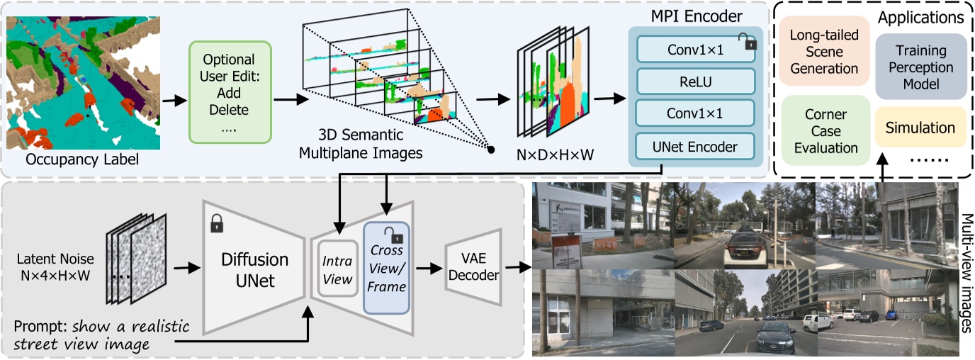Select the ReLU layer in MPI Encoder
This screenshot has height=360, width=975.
click(x=694, y=81)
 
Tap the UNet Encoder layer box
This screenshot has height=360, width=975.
click(x=694, y=147)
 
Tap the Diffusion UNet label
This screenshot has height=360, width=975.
click(x=252, y=270)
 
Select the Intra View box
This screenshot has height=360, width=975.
click(x=337, y=270)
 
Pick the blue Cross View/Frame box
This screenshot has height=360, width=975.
click(x=387, y=268)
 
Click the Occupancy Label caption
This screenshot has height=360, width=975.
click(x=82, y=160)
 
